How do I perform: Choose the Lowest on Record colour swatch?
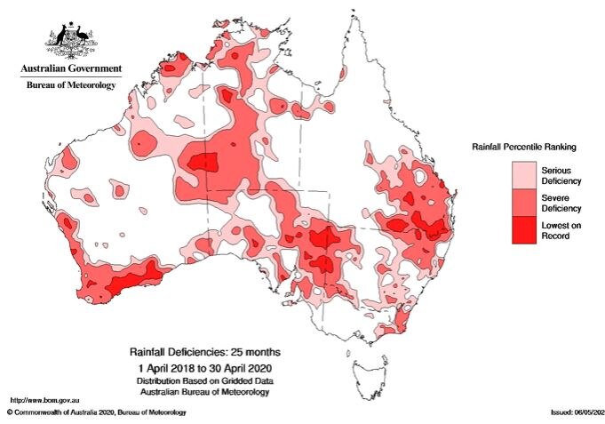(526, 229)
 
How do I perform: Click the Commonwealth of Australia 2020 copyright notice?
(98, 413)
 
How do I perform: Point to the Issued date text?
(575, 413)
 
